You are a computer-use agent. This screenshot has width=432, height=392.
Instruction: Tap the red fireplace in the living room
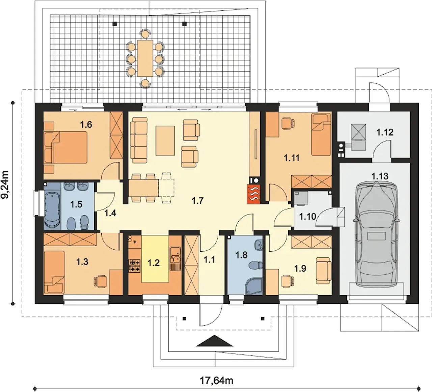[x=254, y=194]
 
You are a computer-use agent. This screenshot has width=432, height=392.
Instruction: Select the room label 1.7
[x=197, y=201]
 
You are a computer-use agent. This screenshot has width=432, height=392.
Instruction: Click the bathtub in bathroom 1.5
[x=52, y=210]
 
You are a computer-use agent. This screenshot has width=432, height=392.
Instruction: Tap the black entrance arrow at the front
[x=215, y=341]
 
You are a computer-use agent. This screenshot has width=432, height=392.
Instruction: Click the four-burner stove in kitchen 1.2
[x=134, y=266]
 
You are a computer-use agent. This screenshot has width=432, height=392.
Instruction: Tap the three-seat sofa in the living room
[x=139, y=140]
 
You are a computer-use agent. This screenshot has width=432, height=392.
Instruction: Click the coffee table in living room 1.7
[x=165, y=141]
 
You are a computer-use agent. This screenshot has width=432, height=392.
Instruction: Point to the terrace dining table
[x=145, y=58]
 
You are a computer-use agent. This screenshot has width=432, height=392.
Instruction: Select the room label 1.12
[x=385, y=132]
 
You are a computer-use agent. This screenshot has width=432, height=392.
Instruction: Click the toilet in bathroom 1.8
[x=255, y=265]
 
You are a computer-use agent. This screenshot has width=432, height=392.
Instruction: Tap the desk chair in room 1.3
[x=100, y=282]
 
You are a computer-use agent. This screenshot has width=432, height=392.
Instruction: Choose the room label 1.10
[x=307, y=216]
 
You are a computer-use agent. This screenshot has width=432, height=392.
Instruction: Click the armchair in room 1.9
[x=323, y=269]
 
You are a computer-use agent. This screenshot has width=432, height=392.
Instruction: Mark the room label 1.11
[x=292, y=158]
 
